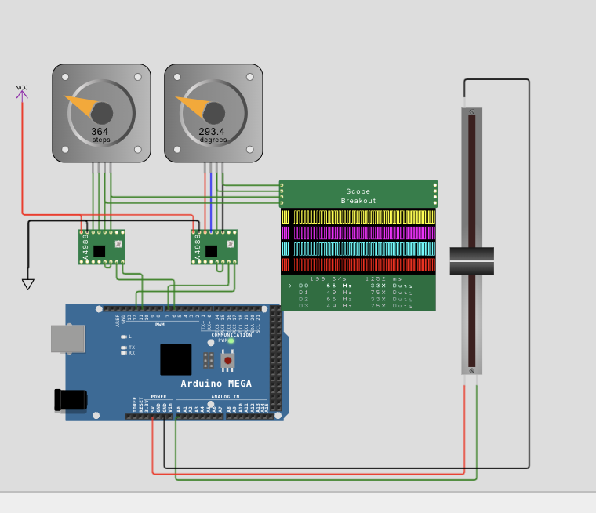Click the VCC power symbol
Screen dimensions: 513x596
click(x=22, y=93)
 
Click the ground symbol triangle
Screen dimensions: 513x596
click(x=28, y=284)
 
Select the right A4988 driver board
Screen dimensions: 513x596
click(x=214, y=248)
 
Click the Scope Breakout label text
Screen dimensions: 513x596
click(x=358, y=196)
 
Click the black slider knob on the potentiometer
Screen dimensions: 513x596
click(x=471, y=261)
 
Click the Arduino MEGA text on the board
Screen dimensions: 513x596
click(x=216, y=383)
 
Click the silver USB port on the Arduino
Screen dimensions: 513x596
click(x=67, y=338)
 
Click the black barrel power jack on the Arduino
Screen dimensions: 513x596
click(x=71, y=399)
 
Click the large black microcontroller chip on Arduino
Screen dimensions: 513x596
click(x=176, y=359)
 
